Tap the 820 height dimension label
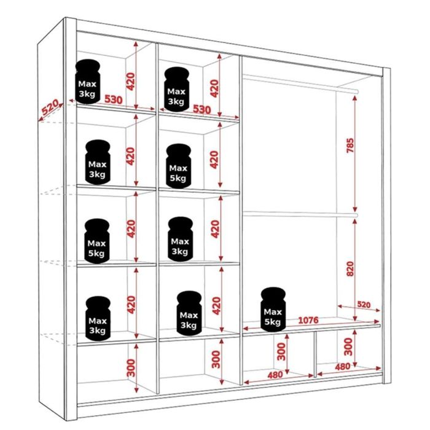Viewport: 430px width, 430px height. pos(350,268)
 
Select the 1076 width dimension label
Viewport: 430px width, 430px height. pos(308,320)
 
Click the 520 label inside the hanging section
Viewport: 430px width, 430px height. pos(364,305)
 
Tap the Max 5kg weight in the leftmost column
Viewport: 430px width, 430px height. pos(96,241)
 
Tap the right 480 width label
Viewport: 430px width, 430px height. pos(342,367)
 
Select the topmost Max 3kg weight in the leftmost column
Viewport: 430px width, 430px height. pos(87,82)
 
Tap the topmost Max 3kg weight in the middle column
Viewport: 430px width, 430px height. pos(176,89)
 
